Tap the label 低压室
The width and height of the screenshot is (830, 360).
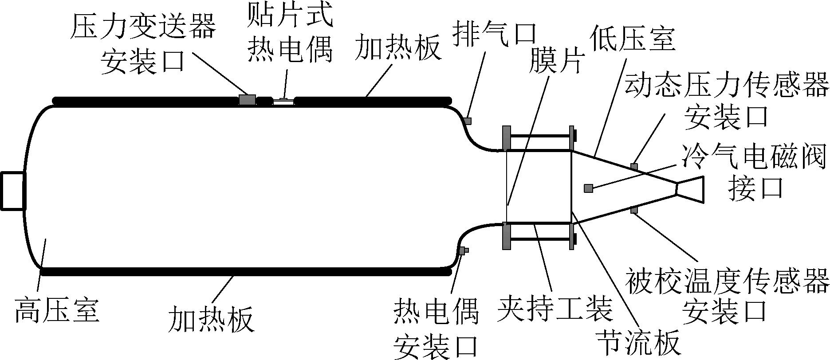pos(633,40)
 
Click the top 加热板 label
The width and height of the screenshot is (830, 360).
pos(398,48)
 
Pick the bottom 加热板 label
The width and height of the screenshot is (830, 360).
pos(211,319)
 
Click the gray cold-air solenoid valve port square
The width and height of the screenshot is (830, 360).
pos(588,188)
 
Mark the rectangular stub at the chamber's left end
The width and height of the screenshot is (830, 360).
pos(12,191)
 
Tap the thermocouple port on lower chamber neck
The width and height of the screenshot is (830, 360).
pos(462,251)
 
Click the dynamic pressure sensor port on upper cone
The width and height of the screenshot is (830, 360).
pos(634,167)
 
